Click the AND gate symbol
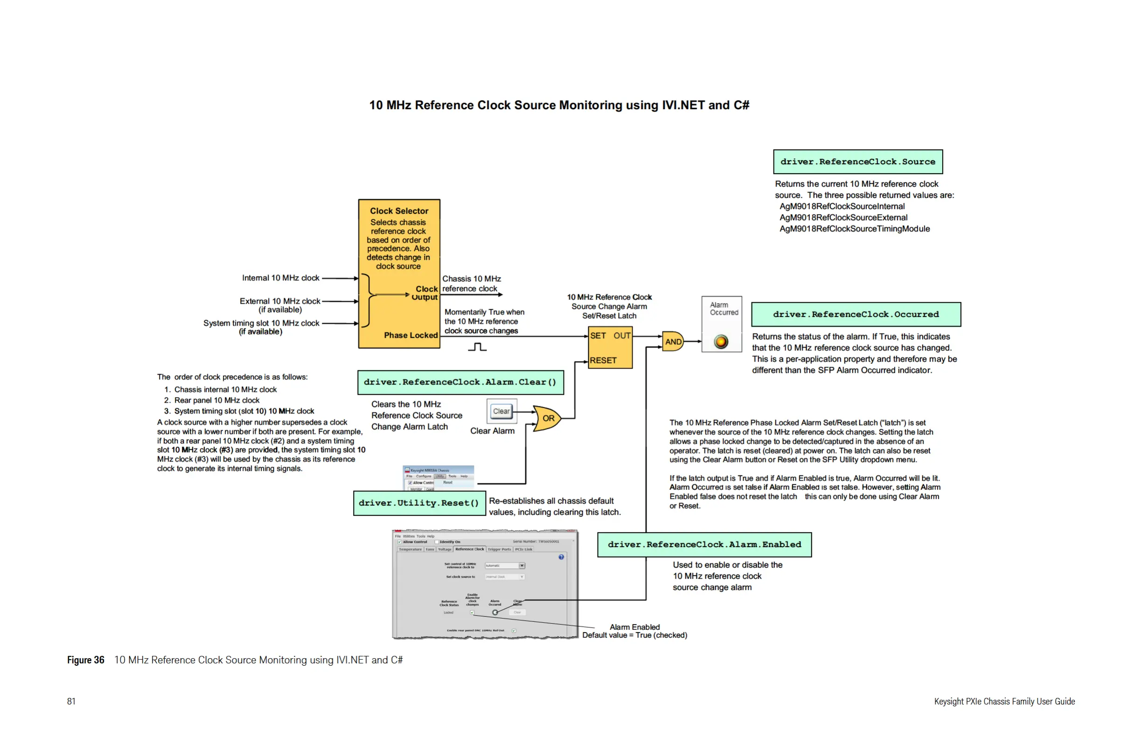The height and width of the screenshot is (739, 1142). (673, 342)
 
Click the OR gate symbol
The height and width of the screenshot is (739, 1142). (547, 418)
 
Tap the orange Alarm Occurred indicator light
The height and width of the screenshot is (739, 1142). (721, 342)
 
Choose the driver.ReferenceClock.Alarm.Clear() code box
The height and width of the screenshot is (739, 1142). (460, 382)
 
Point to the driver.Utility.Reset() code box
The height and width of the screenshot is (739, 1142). (419, 503)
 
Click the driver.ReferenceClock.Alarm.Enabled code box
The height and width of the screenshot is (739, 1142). (704, 544)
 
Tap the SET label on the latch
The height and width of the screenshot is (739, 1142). (598, 336)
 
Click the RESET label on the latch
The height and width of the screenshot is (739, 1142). (603, 360)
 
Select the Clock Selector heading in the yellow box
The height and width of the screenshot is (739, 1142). (399, 211)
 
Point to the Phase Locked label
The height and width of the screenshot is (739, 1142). (411, 335)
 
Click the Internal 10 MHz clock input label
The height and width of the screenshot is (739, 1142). (280, 278)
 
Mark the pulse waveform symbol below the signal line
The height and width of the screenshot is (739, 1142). (477, 347)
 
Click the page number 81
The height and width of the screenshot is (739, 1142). (71, 702)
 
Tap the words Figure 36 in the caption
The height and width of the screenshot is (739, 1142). (85, 660)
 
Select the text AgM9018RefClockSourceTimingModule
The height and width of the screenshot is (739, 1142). (854, 229)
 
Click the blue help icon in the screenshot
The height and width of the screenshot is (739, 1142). (561, 557)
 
